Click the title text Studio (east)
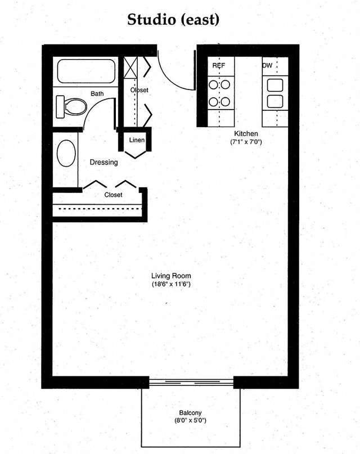[173, 20]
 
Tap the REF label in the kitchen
[218, 66]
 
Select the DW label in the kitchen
[267, 66]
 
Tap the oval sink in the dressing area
[66, 152]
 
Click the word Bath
[97, 93]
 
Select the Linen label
[137, 140]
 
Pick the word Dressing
[104, 163]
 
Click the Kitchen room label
[246, 133]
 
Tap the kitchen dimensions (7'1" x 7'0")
[246, 142]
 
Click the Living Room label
[171, 276]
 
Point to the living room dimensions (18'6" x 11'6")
[171, 285]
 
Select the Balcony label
[190, 412]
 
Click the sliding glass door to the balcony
[191, 382]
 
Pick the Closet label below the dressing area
[114, 195]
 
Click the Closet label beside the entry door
[139, 90]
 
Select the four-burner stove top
[219, 93]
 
